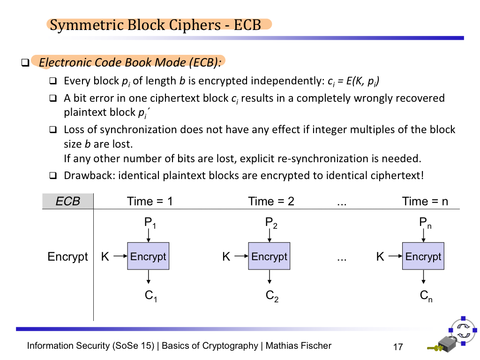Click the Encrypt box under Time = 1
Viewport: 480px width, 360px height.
click(x=148, y=256)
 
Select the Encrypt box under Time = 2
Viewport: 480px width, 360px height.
click(x=269, y=256)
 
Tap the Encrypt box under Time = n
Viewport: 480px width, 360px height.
click(x=423, y=256)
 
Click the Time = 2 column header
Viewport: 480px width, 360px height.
click(x=271, y=202)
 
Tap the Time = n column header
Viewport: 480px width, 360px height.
click(x=425, y=202)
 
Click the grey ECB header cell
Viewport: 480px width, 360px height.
click(x=68, y=202)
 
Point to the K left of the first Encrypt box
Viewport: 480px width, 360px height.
click(x=105, y=256)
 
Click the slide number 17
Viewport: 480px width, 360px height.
click(x=398, y=347)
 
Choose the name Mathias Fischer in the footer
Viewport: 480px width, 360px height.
click(x=299, y=346)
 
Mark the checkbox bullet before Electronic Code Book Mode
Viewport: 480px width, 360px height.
click(x=25, y=62)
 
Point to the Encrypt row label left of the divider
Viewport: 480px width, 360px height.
click(x=68, y=257)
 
